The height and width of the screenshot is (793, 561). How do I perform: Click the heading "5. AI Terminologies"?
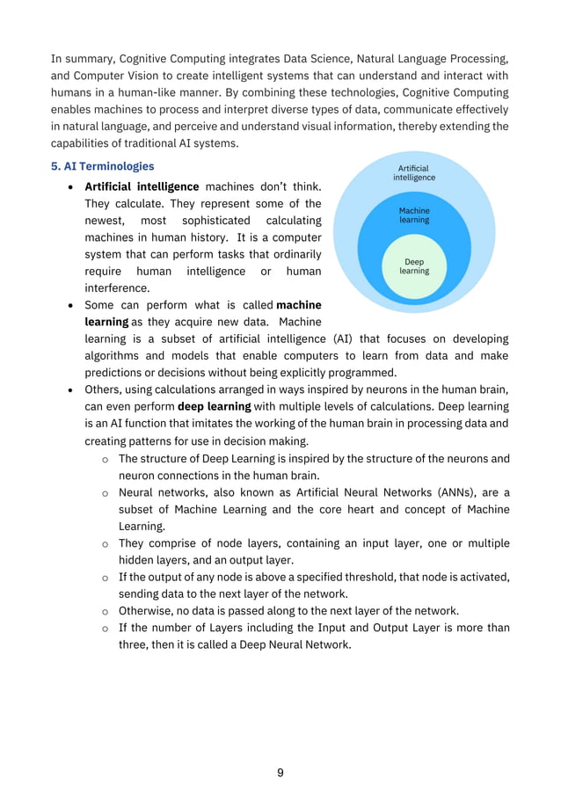(102, 166)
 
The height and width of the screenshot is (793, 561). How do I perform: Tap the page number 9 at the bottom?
(280, 773)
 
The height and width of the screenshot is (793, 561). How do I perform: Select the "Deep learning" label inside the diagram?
(414, 266)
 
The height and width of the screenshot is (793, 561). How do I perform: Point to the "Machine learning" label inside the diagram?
(414, 215)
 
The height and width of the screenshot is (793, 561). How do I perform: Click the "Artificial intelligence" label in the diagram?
(414, 172)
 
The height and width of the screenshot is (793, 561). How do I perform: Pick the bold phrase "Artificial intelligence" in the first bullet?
(141, 186)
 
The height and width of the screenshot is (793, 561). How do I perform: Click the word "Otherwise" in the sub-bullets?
(146, 610)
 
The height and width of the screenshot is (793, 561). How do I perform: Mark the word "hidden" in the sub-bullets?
(138, 559)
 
